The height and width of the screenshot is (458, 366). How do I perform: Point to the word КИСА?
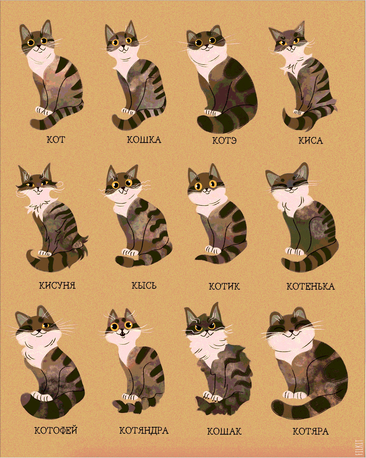coord(311,140)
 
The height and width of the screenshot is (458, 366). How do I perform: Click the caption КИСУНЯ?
coord(58,286)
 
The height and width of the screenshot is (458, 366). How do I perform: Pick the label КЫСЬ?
coord(144,286)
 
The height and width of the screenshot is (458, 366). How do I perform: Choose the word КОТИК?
coord(224,287)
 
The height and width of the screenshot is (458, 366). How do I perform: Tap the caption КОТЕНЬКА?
coord(310,287)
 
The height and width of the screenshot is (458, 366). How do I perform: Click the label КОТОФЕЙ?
coord(56,430)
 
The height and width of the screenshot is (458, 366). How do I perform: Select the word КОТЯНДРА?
coord(144,430)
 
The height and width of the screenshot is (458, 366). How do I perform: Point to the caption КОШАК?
coord(224,431)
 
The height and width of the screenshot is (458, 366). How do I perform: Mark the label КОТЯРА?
coord(311,431)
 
